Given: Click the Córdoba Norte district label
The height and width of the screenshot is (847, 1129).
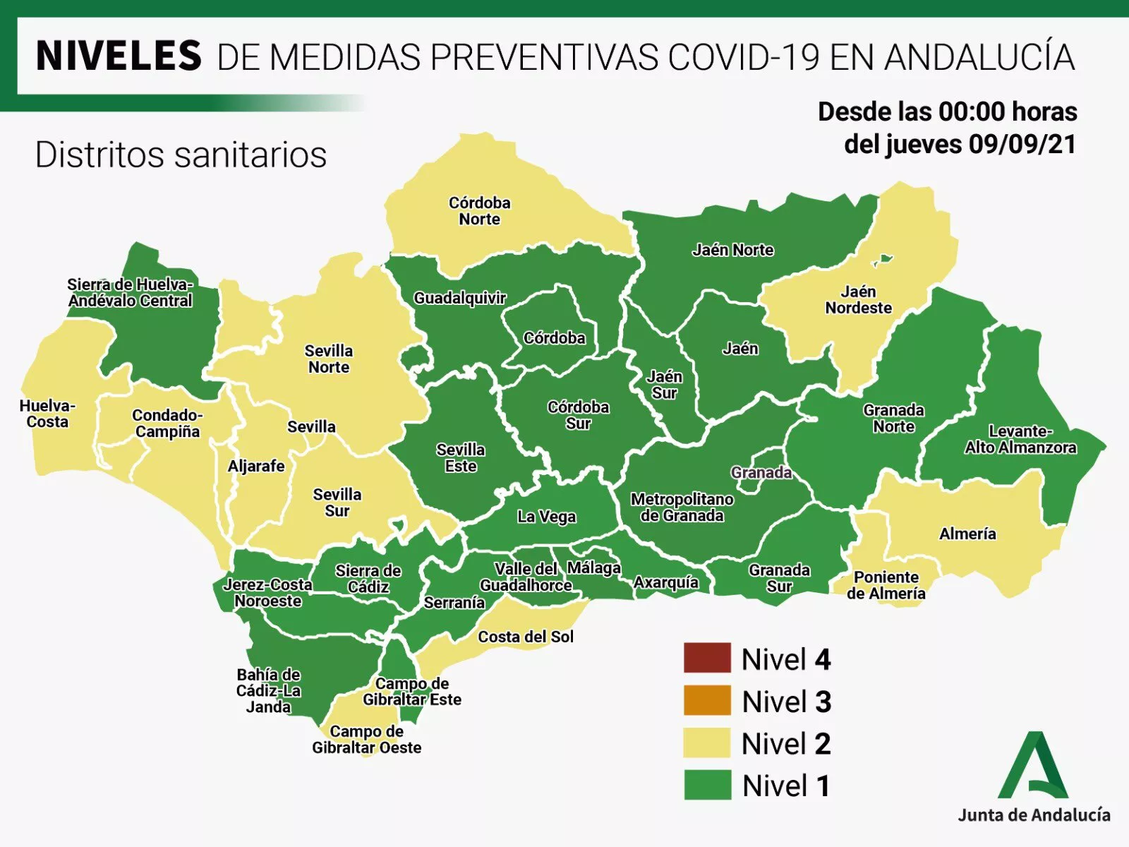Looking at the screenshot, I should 479,211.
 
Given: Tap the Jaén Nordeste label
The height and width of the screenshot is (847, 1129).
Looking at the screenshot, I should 858,300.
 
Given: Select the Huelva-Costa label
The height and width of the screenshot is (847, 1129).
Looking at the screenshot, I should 47,414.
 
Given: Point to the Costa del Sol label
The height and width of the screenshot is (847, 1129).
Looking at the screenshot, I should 526,637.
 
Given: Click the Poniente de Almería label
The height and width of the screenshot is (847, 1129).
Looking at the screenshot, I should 886,586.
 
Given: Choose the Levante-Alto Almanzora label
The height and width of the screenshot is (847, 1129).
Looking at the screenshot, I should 1020,439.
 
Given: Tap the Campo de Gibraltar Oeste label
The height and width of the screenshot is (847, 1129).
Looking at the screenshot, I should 366,740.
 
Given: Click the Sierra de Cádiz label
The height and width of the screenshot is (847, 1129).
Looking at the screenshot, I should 368,579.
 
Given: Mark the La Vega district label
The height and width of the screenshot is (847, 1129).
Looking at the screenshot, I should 546,517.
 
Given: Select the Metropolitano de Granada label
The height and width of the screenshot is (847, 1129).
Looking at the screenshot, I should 682,507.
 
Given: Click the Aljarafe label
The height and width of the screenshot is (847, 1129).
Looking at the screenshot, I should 256,466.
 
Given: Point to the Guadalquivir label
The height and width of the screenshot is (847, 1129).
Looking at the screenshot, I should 459,298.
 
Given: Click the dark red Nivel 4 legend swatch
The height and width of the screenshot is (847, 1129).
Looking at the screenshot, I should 707,659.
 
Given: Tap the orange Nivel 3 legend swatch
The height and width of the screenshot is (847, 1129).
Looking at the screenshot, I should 707,701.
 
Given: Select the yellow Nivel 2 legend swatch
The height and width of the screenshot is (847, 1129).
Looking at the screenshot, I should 707,743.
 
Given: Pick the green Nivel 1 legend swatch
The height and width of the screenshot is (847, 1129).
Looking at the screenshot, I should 707,785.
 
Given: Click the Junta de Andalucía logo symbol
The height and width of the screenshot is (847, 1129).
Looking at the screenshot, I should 1032,765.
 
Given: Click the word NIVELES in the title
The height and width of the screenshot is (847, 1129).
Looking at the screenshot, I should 119,56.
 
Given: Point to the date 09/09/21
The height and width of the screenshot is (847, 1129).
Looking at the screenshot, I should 1022,145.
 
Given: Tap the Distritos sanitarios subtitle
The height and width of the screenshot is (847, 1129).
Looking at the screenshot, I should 181,155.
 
